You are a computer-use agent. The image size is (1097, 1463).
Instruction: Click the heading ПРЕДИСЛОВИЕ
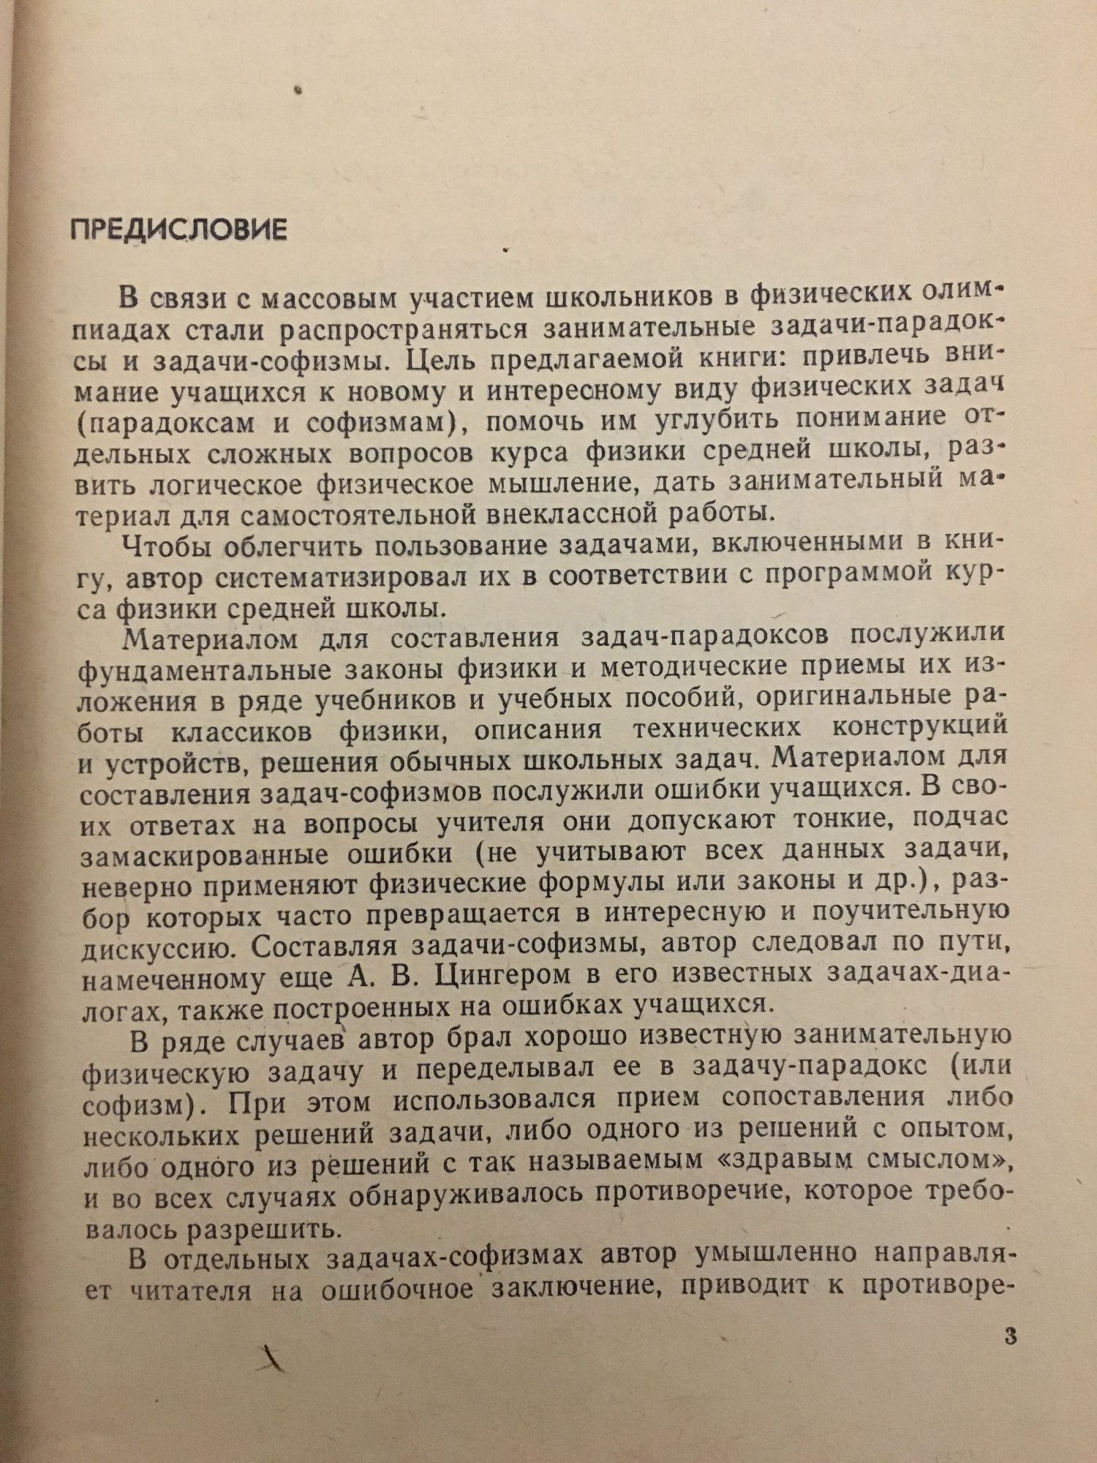(178, 230)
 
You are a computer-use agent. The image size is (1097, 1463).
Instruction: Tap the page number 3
(1012, 1339)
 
